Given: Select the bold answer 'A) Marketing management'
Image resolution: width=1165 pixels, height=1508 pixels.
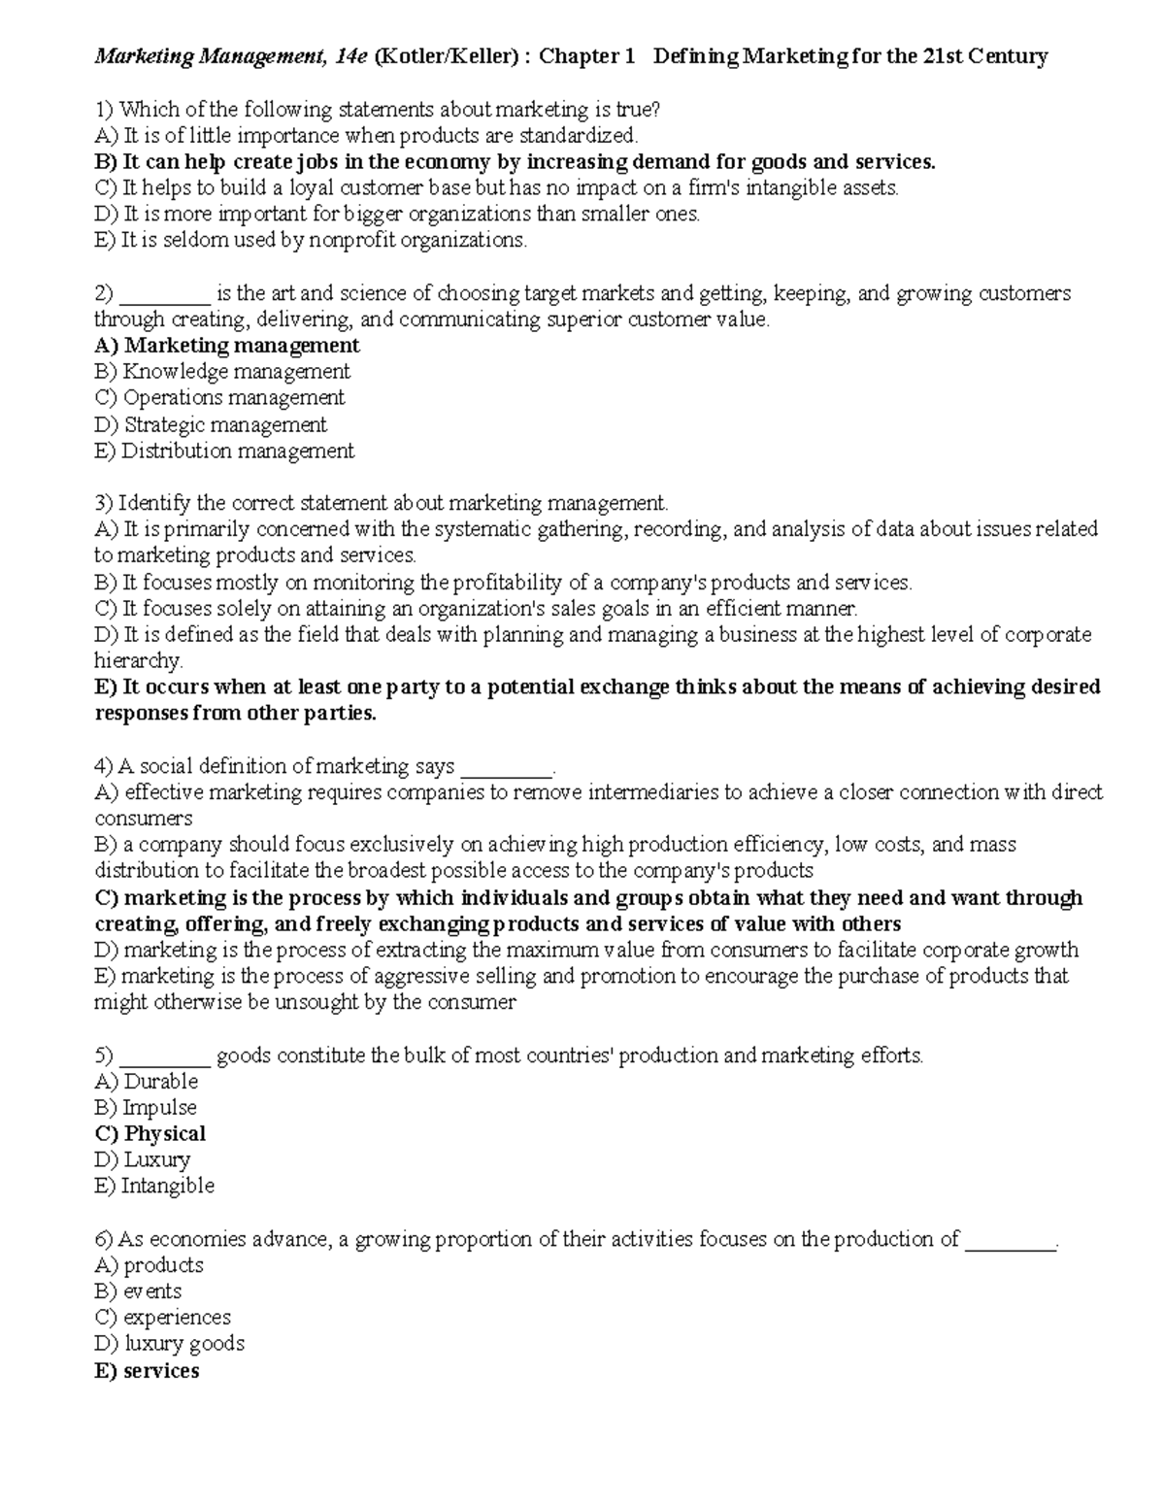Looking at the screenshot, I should pos(227,346).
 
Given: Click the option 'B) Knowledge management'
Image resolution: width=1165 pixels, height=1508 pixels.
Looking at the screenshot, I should pos(222,372).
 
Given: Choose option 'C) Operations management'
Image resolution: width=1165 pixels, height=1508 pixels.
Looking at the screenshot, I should pos(219,398).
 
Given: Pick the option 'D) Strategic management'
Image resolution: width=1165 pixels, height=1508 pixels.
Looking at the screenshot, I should pos(211,424).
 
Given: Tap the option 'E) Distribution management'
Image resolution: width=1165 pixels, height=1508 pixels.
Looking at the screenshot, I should pos(224,451).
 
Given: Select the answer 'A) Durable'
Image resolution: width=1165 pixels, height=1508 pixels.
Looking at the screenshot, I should pos(147,1082).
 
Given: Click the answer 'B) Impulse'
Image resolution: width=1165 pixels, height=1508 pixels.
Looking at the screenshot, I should pos(146,1108).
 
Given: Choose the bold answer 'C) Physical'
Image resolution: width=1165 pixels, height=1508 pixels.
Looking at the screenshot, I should pos(150,1134).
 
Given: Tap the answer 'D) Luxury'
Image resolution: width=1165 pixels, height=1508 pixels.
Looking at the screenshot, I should pos(143,1160).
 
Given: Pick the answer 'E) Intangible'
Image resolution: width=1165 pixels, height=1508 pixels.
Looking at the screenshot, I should pos(154,1187).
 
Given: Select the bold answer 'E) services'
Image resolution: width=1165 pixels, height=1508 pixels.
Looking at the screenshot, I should pos(147,1371).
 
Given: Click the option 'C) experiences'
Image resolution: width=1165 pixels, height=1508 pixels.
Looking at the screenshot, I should pos(163,1318).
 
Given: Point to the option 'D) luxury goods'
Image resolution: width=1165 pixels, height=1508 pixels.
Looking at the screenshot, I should pos(170,1344).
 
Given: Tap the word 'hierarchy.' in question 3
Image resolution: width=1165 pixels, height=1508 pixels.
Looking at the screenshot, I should pos(139,661).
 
